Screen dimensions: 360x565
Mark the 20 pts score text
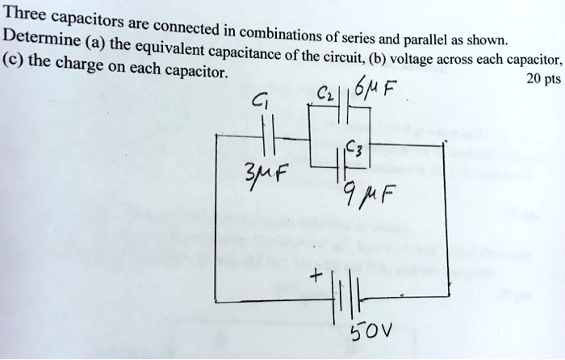point(539,82)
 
